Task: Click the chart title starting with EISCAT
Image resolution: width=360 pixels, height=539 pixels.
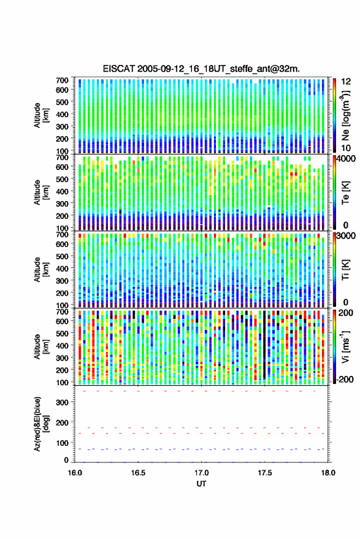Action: [x=201, y=69]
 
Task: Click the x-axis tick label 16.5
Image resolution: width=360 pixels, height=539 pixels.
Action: [x=138, y=473]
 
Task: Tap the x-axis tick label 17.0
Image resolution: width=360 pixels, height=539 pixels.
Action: [x=201, y=473]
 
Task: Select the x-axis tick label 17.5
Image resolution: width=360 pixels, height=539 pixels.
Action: [x=264, y=473]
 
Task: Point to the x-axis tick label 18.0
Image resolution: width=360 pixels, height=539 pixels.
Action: [x=327, y=473]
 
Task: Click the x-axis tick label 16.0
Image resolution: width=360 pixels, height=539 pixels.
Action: [x=75, y=473]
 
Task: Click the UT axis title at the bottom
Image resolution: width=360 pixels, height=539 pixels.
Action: [x=201, y=484]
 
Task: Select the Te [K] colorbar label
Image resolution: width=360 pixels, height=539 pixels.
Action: [x=345, y=192]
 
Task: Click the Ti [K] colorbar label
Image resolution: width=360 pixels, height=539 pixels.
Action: [x=345, y=270]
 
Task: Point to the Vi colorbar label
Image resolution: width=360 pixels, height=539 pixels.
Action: [x=345, y=346]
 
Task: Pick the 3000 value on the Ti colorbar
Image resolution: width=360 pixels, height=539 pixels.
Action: [x=345, y=236]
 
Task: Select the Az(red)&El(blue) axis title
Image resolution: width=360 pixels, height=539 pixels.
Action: [x=40, y=424]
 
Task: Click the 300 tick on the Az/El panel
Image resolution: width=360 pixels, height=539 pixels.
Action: [x=62, y=402]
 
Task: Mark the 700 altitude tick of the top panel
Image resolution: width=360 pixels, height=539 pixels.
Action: [x=62, y=80]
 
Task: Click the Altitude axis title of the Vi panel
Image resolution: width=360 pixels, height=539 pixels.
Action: [x=40, y=346]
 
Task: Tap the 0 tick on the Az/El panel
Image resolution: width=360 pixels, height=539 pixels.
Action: [x=66, y=460]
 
